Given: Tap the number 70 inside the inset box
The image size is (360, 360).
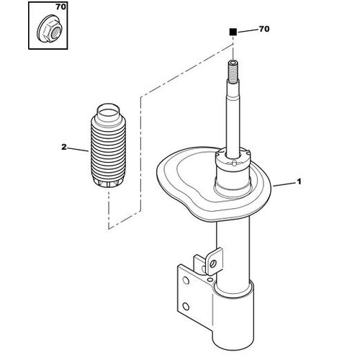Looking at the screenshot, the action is tap(60, 7).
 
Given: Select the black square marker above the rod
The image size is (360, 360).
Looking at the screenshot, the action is tap(233, 32).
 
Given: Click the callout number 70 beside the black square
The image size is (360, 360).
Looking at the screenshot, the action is tap(264, 29).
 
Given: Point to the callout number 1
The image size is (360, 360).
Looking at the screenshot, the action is tap(299, 181).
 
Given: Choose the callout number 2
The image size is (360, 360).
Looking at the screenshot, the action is tap(64, 147).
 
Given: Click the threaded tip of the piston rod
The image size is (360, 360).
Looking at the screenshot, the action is tap(233, 71).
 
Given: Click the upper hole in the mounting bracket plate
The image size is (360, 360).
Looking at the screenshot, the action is tap(186, 280).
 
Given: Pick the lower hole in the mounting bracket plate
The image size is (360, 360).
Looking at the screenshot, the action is tap(186, 306).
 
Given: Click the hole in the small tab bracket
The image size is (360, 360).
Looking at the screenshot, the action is tap(212, 264).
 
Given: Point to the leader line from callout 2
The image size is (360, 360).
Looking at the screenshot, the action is tap(78, 150).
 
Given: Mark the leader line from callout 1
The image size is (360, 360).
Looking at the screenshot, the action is tap(284, 185).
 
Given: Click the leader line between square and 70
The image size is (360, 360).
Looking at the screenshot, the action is tap(247, 30).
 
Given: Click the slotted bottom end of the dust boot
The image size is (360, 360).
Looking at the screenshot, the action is tap(108, 183).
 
